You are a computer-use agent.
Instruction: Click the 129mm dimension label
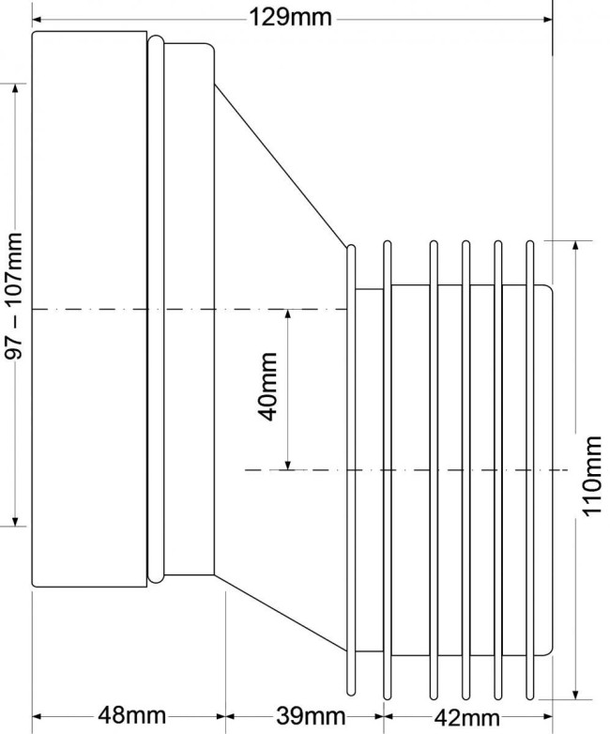click(x=290, y=19)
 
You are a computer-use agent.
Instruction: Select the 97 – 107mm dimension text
click(x=13, y=296)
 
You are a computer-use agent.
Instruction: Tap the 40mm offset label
click(x=268, y=387)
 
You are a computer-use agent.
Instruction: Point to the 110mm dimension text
click(x=591, y=476)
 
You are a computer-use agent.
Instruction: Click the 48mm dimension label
click(x=132, y=716)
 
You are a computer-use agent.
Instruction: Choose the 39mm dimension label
click(x=311, y=716)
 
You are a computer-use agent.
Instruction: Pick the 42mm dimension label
click(x=466, y=717)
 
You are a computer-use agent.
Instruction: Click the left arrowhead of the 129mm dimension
click(x=37, y=20)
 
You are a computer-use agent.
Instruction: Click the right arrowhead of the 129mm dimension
click(x=547, y=20)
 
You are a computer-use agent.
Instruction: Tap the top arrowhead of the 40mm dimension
click(x=288, y=314)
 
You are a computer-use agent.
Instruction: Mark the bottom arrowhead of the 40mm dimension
click(x=288, y=465)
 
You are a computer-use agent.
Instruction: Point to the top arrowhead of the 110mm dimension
click(x=576, y=246)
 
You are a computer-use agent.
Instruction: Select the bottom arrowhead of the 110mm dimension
click(x=576, y=694)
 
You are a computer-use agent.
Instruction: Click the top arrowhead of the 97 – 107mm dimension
click(x=15, y=89)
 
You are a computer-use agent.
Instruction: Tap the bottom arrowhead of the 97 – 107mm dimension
click(x=15, y=521)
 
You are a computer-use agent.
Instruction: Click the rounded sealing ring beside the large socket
click(x=156, y=309)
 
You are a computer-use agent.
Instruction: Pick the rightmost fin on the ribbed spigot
click(x=530, y=470)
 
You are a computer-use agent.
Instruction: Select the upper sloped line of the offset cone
click(x=281, y=166)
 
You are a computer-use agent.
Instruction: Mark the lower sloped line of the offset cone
click(x=280, y=613)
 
